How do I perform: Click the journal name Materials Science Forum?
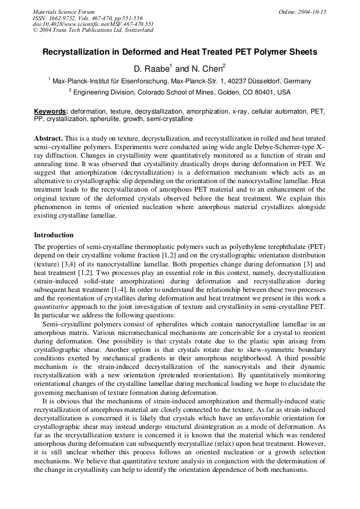click(x=64, y=12)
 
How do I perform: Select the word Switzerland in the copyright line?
click(x=136, y=30)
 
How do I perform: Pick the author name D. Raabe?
click(x=151, y=69)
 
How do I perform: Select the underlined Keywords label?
click(x=51, y=112)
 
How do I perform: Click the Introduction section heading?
click(x=54, y=235)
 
